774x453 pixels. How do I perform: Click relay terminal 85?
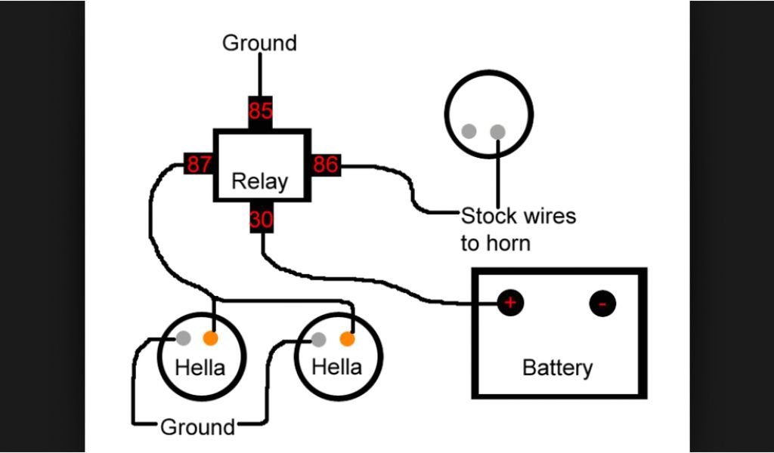(x=260, y=111)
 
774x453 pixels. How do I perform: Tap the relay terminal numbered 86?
(x=325, y=165)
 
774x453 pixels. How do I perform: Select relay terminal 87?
(x=198, y=165)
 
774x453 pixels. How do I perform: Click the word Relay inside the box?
(x=259, y=182)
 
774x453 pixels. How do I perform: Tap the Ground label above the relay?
(x=259, y=43)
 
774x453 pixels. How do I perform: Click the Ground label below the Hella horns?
(x=197, y=427)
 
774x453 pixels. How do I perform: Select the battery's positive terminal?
(x=510, y=304)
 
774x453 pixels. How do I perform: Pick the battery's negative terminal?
(x=602, y=304)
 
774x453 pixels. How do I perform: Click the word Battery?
(x=557, y=368)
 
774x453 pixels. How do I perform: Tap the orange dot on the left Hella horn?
(x=211, y=337)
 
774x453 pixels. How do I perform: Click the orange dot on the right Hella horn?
(x=347, y=337)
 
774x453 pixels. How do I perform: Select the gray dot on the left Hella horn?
(x=184, y=337)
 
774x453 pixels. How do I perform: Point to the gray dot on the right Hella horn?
(x=320, y=338)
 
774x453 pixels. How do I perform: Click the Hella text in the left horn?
(x=200, y=368)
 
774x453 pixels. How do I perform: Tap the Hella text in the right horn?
(x=336, y=368)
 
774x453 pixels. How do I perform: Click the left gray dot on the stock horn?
(x=469, y=131)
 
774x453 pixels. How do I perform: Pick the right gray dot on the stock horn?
(x=497, y=132)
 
